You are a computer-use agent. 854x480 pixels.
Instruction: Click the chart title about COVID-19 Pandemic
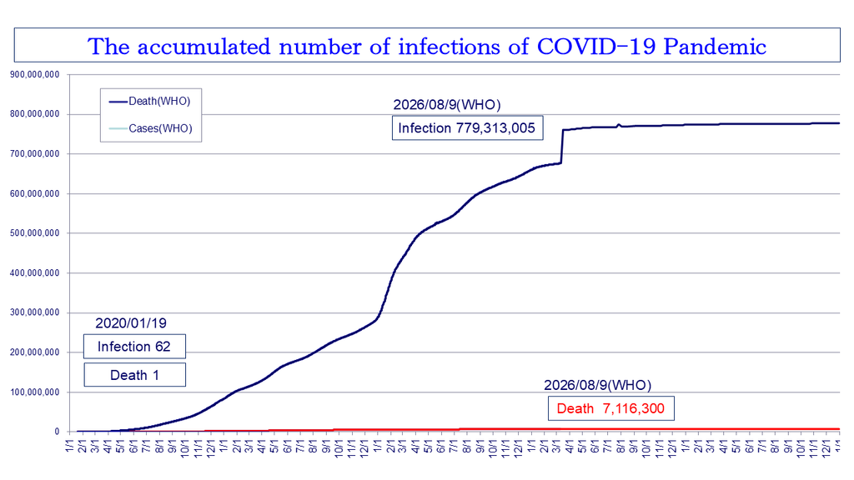427,47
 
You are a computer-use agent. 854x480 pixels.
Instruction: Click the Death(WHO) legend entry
150,101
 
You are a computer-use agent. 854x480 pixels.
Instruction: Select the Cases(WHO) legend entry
150,128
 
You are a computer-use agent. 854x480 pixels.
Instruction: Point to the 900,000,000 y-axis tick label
34,74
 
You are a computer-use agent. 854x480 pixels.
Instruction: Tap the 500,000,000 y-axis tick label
34,233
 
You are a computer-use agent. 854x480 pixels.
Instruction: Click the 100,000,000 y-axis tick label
34,392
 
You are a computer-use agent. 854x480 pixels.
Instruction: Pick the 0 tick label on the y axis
57,432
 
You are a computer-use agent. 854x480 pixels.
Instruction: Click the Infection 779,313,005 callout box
467,127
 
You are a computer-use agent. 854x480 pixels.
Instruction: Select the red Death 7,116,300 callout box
611,408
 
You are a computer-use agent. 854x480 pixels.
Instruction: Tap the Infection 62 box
134,346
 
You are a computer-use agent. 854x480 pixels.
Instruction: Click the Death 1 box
134,375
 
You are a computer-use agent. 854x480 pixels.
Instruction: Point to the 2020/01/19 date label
131,323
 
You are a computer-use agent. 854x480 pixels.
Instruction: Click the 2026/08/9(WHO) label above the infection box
447,104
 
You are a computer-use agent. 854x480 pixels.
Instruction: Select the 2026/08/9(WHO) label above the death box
597,385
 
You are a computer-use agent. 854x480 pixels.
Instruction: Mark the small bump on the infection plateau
619,125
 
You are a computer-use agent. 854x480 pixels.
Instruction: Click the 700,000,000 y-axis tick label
34,154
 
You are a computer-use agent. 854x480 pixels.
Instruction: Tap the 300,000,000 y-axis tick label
34,312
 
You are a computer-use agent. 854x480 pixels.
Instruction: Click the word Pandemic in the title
715,47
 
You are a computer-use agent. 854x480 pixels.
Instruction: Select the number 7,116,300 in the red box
634,408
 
